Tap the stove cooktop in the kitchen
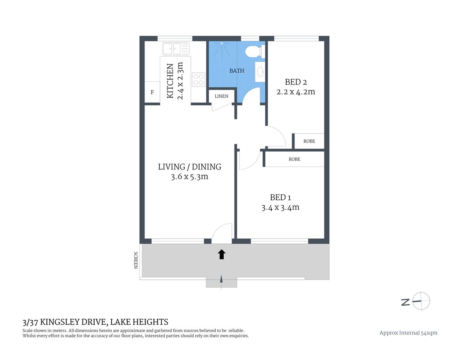pos(198,79)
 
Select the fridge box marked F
pos(152,92)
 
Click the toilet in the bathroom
pos(253,51)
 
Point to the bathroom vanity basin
pos(260,72)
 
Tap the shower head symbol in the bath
pos(222,44)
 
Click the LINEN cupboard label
pos(221,96)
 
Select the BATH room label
pos(237,70)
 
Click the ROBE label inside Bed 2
pos(309,141)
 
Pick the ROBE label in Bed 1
pos(295,159)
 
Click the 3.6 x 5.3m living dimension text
pos(189,177)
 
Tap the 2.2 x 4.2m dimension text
pos(296,92)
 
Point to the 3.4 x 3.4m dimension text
pos(280,207)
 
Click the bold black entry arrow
pos(221,255)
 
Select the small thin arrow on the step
pos(221,280)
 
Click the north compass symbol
pos(421,301)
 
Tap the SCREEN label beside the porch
pos(136,260)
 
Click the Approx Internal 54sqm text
pos(408,333)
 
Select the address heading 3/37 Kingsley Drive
pos(95,322)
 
